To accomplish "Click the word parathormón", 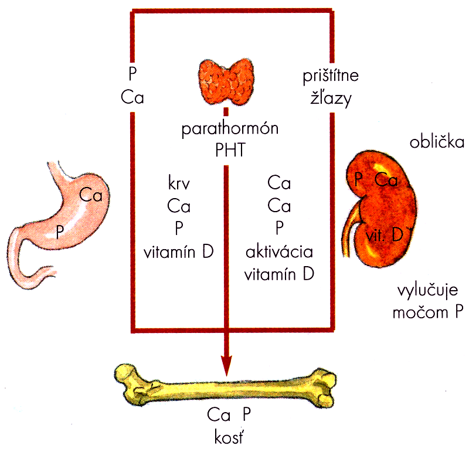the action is coord(230,129).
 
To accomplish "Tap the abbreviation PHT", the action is coord(230,150).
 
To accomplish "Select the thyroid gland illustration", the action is coord(227,81).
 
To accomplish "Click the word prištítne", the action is coord(331,76).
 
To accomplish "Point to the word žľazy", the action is coord(331,98).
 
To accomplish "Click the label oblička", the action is coord(437,141).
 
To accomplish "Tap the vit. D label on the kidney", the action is coord(385,235).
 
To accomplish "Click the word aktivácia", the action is coord(280,252).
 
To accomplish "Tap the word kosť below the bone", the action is coord(229,438).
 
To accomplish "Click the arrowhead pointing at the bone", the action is coord(226,365).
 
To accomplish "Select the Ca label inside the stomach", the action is coord(91,195).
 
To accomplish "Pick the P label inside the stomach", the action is coord(60,232).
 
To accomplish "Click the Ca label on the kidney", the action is coord(386,180).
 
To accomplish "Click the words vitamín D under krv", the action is coord(179,252).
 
